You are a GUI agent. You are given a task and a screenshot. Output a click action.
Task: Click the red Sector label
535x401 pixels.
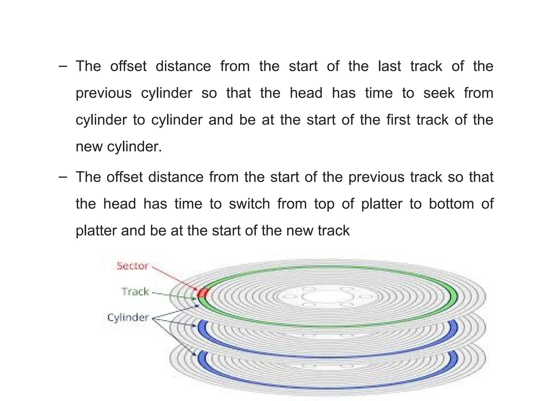pos(132,266)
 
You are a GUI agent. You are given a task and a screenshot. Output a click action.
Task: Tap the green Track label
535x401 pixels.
pos(135,292)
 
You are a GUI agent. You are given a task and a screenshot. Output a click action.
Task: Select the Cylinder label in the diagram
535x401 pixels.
pos(128,318)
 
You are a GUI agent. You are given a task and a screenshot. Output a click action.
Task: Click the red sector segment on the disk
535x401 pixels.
pos(202,293)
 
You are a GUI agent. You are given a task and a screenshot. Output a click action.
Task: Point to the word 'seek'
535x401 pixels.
pos(439,93)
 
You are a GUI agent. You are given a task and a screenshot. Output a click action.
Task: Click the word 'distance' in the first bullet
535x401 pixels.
pos(183,66)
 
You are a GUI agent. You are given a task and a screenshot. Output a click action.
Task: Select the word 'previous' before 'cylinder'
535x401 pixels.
pos(103,93)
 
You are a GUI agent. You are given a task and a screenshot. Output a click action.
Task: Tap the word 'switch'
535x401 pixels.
pos(249,204)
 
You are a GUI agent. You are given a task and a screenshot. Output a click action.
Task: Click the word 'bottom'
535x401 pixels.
pos(451,204)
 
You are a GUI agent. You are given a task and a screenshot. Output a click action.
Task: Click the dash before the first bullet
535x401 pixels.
pos(63,66)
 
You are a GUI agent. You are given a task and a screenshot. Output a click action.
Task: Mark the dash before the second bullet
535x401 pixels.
pos(63,177)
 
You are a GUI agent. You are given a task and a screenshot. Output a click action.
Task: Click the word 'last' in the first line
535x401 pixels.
pos(389,66)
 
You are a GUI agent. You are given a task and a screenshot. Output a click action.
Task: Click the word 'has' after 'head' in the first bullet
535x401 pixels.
pos(344,93)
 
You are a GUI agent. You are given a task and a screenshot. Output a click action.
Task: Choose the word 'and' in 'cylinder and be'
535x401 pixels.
pos(220,120)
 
